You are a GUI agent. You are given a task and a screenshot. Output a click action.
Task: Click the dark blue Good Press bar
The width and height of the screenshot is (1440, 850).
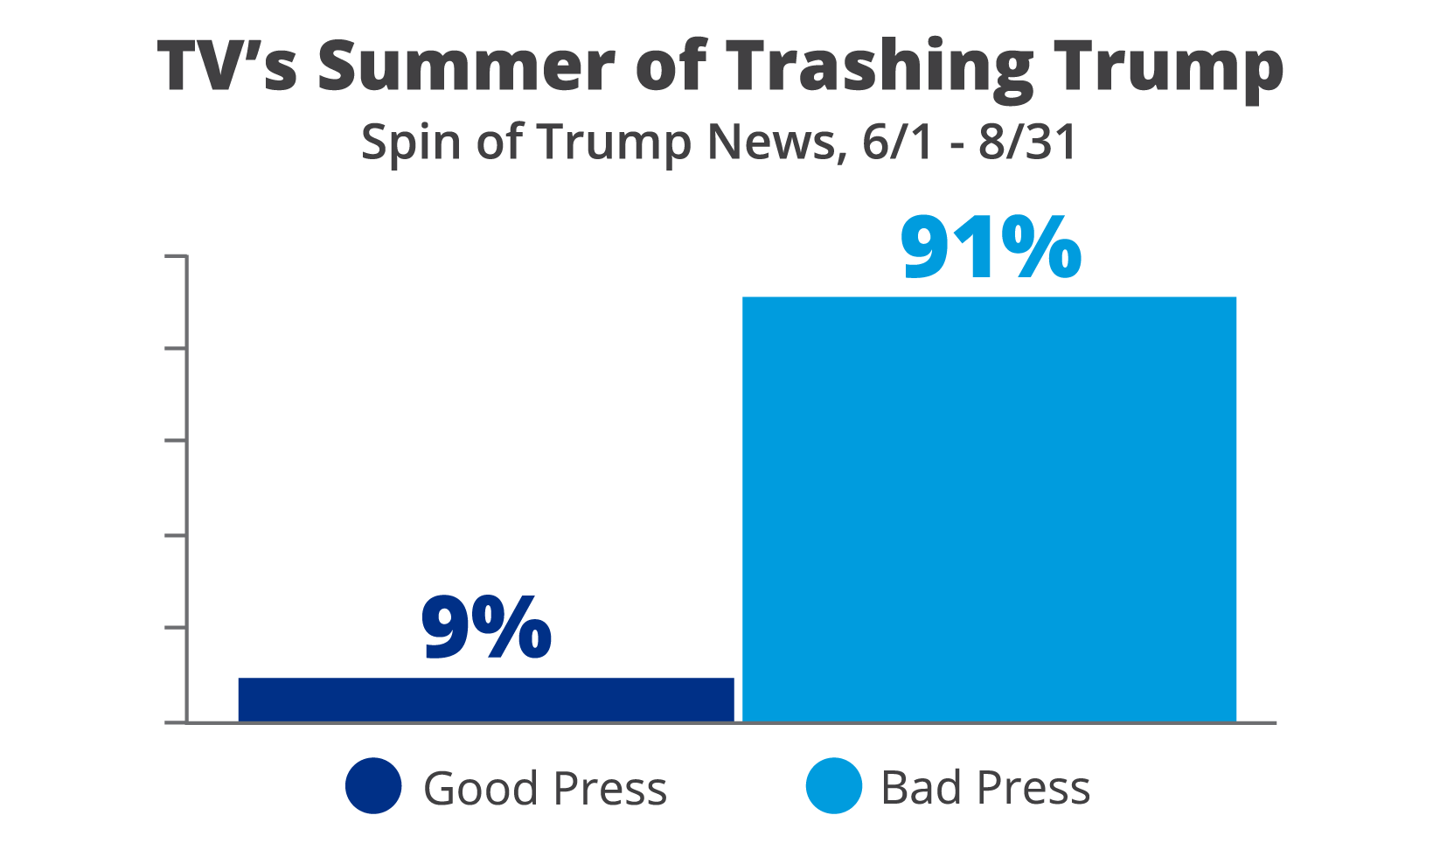tap(486, 699)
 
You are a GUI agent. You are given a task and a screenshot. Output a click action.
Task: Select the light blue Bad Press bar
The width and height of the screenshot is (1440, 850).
tap(989, 509)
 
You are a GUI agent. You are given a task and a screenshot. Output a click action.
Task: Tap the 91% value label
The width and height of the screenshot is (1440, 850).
tap(991, 249)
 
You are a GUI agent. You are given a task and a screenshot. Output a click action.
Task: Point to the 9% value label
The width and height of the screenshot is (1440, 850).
tap(486, 628)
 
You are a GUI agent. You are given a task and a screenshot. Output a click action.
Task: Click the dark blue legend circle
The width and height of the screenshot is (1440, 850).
tap(373, 785)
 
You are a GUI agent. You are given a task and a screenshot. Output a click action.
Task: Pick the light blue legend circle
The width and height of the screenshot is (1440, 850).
tap(833, 785)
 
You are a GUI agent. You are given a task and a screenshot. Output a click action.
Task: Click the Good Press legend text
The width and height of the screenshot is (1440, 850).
tap(545, 788)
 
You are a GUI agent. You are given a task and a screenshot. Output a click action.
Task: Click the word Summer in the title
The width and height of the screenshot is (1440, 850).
tap(466, 66)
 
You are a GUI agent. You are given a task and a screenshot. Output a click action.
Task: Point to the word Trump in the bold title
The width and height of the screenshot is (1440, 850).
tap(1168, 68)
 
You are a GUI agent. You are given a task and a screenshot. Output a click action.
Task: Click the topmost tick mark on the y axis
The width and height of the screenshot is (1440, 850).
tap(176, 256)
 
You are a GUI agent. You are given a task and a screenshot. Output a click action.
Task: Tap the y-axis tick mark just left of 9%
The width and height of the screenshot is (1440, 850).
tap(176, 627)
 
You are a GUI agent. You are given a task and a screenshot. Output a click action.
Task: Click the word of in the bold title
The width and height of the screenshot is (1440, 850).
tap(671, 66)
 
